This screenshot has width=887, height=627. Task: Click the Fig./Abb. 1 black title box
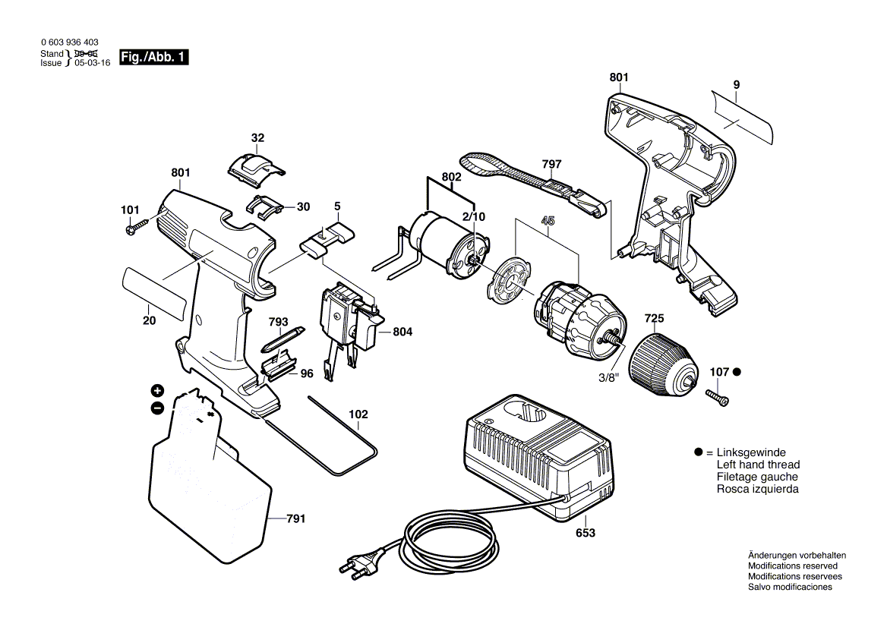tap(154, 58)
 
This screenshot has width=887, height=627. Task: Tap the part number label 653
tap(585, 534)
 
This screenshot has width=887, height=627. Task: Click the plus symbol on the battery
tap(157, 391)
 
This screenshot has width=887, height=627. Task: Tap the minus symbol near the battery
tap(157, 408)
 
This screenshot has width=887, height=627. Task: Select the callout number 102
tap(358, 414)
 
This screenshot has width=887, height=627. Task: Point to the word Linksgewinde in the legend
tap(751, 452)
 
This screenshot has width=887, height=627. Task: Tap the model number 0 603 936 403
tap(68, 43)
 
